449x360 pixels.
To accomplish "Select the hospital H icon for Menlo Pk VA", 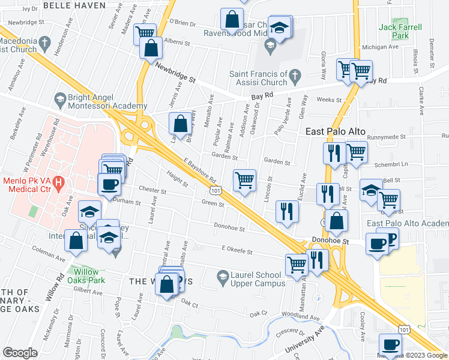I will coord(58,181).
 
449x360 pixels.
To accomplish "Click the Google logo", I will coord(19,353).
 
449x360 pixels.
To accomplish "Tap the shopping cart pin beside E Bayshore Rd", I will coord(244,180).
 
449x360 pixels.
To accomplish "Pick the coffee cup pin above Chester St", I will coord(109,184).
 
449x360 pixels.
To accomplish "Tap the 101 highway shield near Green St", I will coord(216,188).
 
